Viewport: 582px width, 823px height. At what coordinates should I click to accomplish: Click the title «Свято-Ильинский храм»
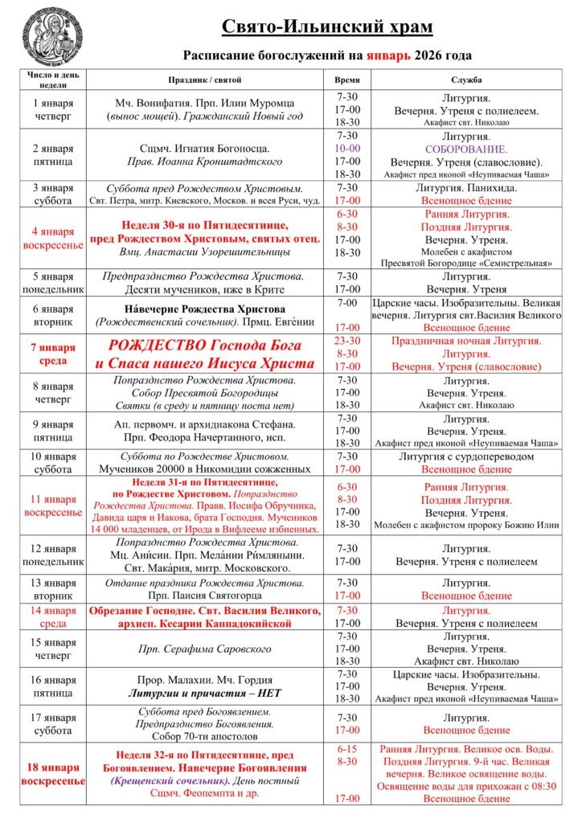(327, 27)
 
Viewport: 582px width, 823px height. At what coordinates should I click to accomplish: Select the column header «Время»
(346, 80)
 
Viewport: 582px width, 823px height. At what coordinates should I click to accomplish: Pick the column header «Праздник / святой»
(204, 80)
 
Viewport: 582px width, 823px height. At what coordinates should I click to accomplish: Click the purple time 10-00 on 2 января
(347, 149)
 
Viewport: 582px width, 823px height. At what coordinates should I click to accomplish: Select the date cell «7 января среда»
(53, 354)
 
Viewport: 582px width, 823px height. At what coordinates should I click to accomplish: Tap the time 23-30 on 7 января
(347, 341)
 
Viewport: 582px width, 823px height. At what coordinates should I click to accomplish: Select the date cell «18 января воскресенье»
(53, 774)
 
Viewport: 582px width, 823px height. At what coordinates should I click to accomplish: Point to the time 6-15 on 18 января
(347, 748)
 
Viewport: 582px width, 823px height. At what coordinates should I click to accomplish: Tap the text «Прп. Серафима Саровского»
(204, 649)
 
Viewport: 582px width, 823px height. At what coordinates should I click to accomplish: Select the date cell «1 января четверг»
(53, 109)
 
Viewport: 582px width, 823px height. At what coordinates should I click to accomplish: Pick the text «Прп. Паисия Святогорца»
(204, 596)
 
